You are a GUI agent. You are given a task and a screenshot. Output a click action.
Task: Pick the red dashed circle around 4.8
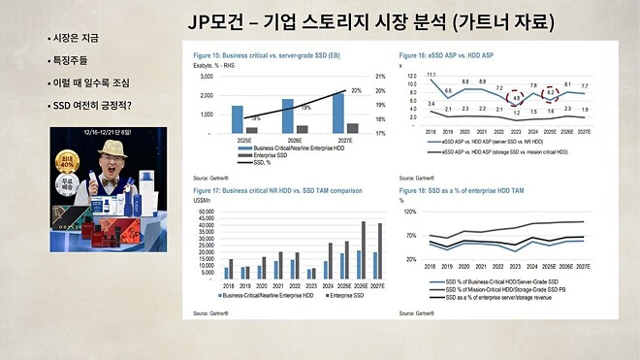pos(518,98)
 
